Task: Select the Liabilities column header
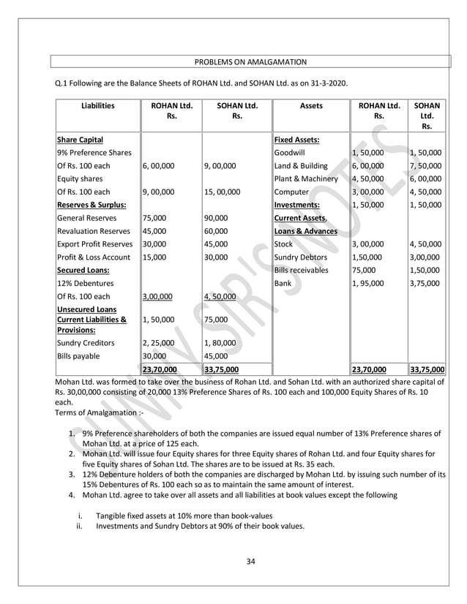[x=97, y=105]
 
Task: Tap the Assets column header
[x=310, y=105]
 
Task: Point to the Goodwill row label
[x=290, y=153]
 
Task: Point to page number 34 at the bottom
[x=250, y=562]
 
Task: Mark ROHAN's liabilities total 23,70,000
[x=159, y=370]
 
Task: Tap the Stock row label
[x=283, y=244]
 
